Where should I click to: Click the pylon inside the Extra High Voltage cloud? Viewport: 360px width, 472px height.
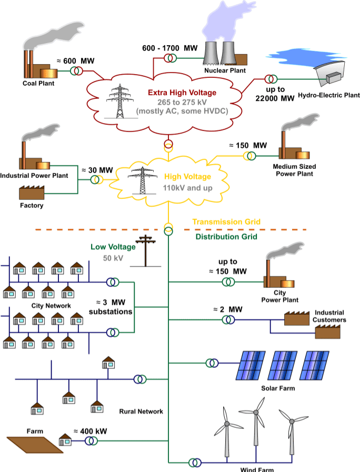(118, 100)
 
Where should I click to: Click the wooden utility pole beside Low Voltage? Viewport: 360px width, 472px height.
(146, 252)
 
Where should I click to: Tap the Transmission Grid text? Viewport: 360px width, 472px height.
(226, 222)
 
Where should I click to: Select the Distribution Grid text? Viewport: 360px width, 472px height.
(226, 237)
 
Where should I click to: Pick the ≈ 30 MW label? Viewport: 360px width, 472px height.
(97, 170)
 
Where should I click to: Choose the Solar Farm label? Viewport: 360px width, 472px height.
(278, 388)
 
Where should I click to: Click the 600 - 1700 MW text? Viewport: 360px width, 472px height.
(169, 48)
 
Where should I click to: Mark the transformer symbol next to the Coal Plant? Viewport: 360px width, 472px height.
(78, 71)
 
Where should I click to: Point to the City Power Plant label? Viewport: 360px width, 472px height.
(279, 296)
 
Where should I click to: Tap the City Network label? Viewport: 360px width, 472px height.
(51, 305)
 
